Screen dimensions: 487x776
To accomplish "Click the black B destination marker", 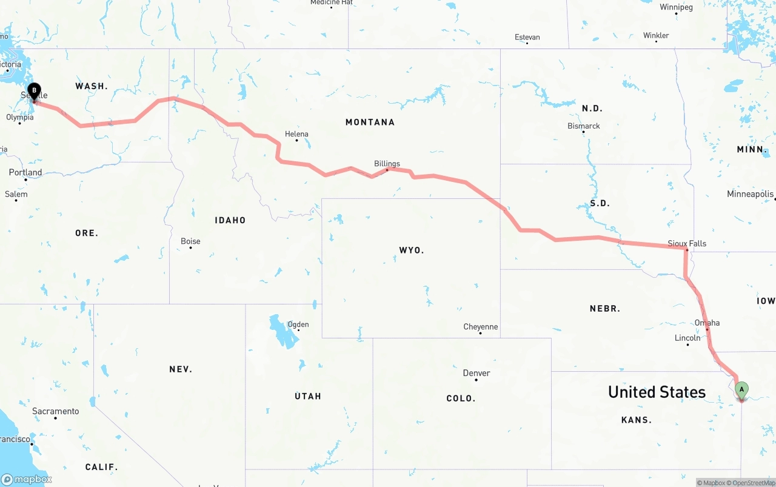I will [x=35, y=91].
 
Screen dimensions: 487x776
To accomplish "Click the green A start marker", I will [x=741, y=389].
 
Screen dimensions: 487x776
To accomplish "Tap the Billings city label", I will [x=387, y=164].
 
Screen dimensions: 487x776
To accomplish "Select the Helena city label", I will [x=296, y=134].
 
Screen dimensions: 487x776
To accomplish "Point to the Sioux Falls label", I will [x=687, y=243].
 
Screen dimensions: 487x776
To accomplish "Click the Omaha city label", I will [x=707, y=323].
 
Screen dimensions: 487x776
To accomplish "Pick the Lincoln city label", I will [x=687, y=338].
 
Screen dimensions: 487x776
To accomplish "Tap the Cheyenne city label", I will [x=480, y=327].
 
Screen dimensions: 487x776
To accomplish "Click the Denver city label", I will [x=477, y=373].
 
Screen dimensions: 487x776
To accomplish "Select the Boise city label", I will [x=190, y=241].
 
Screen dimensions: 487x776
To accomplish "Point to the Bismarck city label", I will [x=584, y=126].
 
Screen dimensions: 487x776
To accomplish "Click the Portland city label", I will [x=25, y=172].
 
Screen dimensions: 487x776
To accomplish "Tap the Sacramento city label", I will [x=56, y=411].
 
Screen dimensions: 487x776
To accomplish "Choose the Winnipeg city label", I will [x=676, y=7].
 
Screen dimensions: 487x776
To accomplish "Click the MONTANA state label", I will [x=370, y=123].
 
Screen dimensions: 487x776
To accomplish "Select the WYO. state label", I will [x=412, y=250].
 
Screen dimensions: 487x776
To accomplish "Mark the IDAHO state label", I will [x=230, y=220].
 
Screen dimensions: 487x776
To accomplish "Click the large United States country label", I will [x=657, y=392].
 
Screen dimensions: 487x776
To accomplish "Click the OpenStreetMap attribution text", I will [x=754, y=483].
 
